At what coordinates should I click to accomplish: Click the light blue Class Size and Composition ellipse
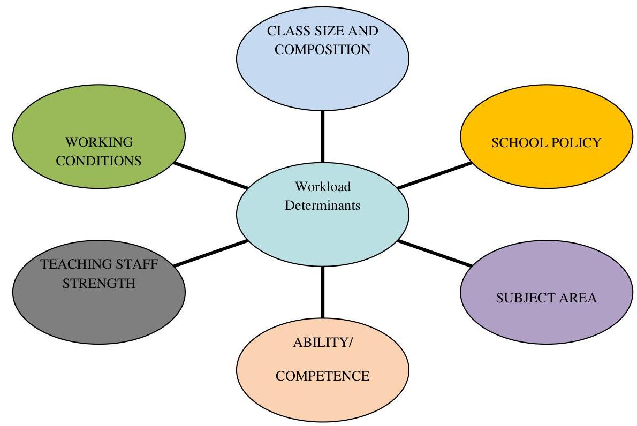tap(323, 75)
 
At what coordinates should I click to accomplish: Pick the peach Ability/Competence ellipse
tap(323, 396)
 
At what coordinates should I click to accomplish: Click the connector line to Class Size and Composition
tap(323, 136)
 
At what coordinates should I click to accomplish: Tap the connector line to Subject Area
tap(435, 253)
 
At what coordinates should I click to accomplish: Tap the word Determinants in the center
tap(323, 204)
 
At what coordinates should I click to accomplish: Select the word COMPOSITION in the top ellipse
tap(323, 50)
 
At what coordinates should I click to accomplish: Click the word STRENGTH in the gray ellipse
tap(99, 283)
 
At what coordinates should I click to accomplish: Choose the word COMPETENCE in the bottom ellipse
tap(322, 376)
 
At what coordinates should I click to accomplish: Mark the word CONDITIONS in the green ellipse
tap(99, 161)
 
